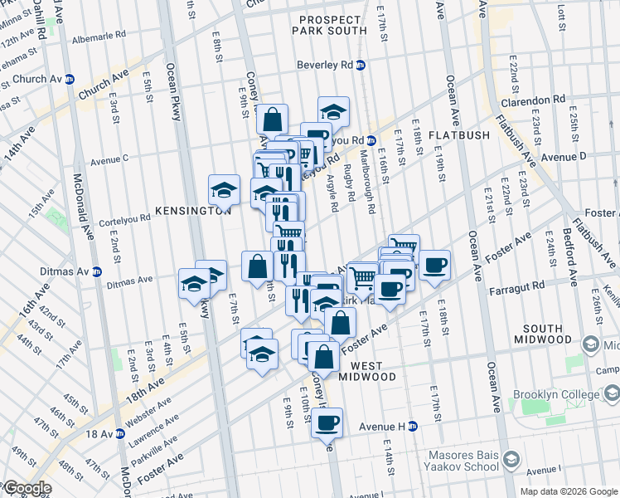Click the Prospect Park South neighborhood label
pos(329,25)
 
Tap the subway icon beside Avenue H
pos(412,427)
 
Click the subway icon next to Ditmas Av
pos(97,271)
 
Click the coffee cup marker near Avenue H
pos(327,423)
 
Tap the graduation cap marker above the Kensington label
pos(223,190)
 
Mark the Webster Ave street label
pos(151,411)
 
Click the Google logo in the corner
pos(27,489)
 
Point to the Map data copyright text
pos(568,491)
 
